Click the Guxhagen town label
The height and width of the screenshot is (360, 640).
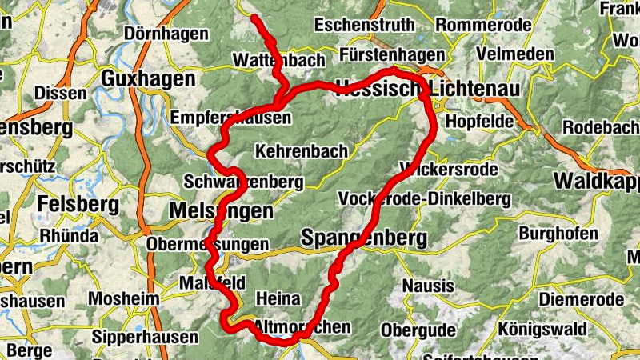149,79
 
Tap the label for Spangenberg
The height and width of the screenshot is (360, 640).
364,238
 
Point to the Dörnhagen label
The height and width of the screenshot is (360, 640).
166,34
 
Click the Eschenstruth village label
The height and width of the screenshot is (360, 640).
365,25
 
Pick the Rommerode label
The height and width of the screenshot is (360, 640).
483,25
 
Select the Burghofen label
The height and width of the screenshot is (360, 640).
558,234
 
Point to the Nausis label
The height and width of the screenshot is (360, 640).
428,286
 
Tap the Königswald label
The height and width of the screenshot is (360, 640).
540,329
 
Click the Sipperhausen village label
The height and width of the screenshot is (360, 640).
145,337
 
